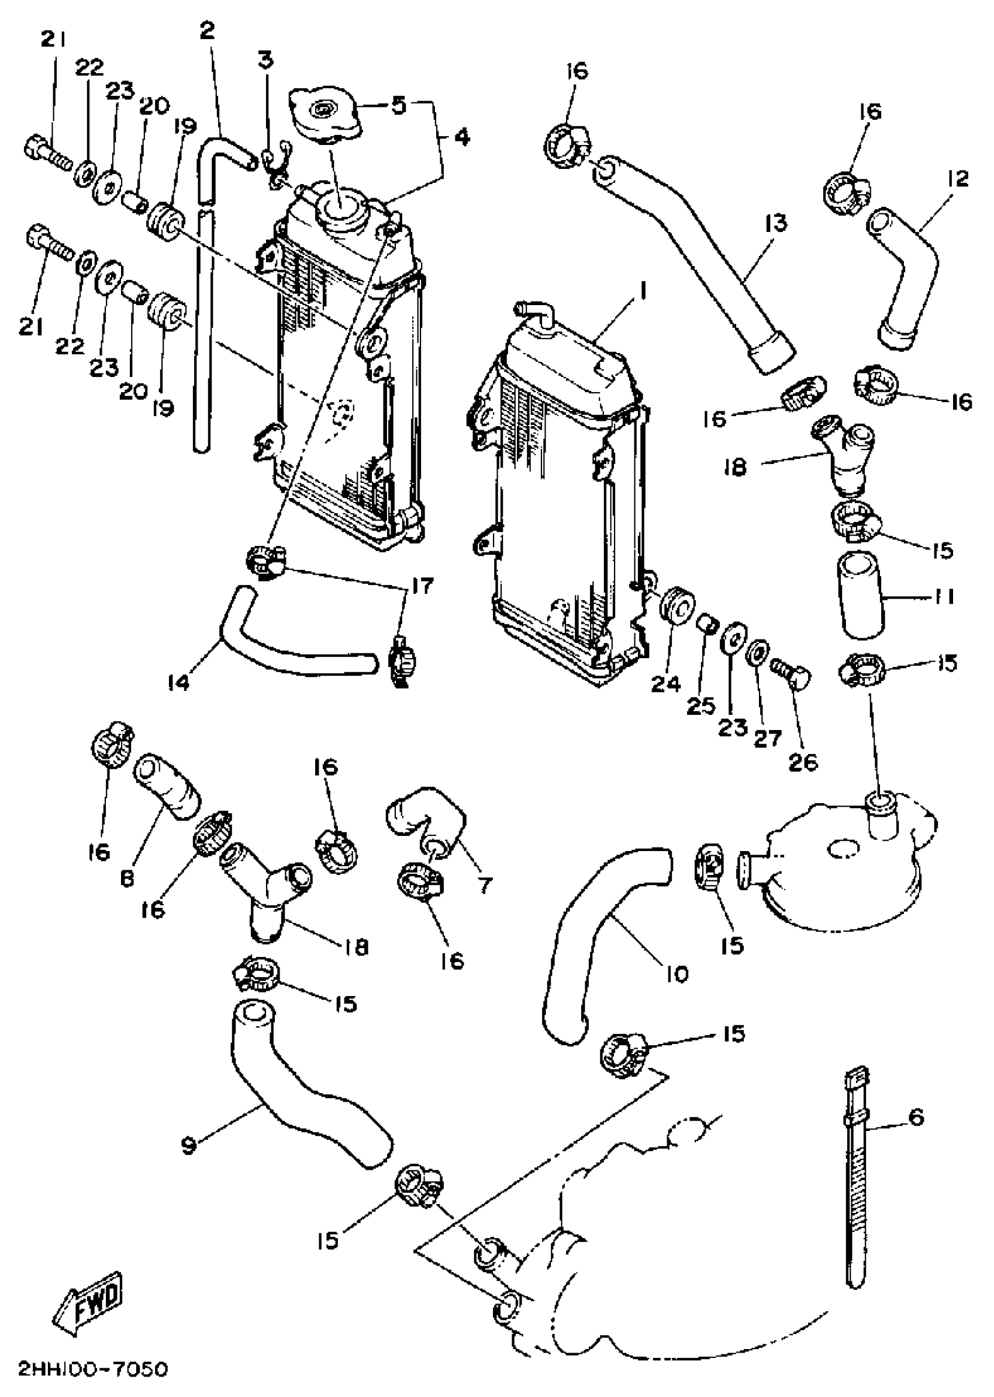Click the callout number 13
[775, 223]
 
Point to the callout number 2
[208, 30]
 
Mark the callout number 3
[265, 61]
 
